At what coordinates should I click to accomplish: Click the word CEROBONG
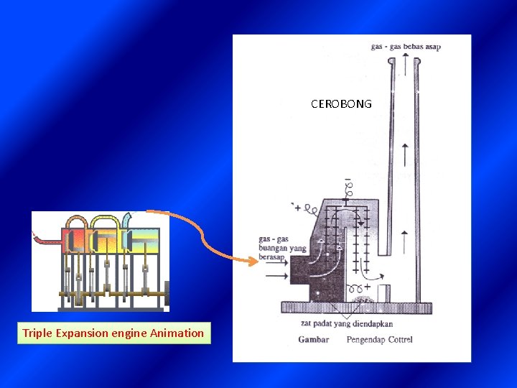tap(341, 104)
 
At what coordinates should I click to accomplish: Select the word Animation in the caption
tap(177, 333)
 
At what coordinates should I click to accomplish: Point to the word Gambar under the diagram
tap(314, 339)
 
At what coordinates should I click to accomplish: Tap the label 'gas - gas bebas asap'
tap(406, 47)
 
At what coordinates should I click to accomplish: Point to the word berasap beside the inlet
tap(272, 257)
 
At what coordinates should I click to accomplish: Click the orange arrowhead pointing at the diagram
tap(251, 262)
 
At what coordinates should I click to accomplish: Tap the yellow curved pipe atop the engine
tap(103, 220)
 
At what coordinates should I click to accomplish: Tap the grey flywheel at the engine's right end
tap(167, 293)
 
